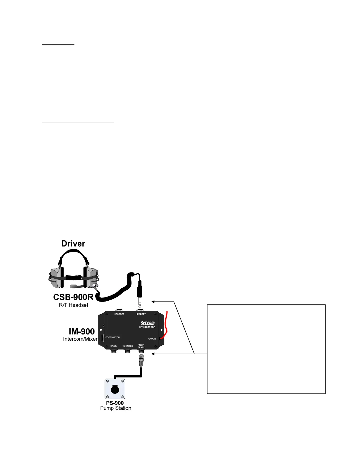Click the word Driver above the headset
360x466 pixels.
73,244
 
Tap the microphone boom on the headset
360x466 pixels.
74,286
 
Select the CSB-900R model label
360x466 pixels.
73,297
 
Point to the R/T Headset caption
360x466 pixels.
74,305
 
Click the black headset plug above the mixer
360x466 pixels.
140,289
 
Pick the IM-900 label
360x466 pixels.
82,332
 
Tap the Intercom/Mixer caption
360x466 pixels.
80,339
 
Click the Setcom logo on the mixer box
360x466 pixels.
148,323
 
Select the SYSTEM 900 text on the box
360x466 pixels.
147,327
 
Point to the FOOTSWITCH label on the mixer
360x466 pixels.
113,337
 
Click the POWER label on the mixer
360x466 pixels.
151,339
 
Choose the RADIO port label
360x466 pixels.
114,346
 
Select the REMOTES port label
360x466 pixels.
128,346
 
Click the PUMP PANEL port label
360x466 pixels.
141,346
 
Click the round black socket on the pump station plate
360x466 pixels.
115,389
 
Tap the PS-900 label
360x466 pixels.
115,403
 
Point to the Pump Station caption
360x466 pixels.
116,408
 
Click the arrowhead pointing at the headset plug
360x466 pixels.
153,302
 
